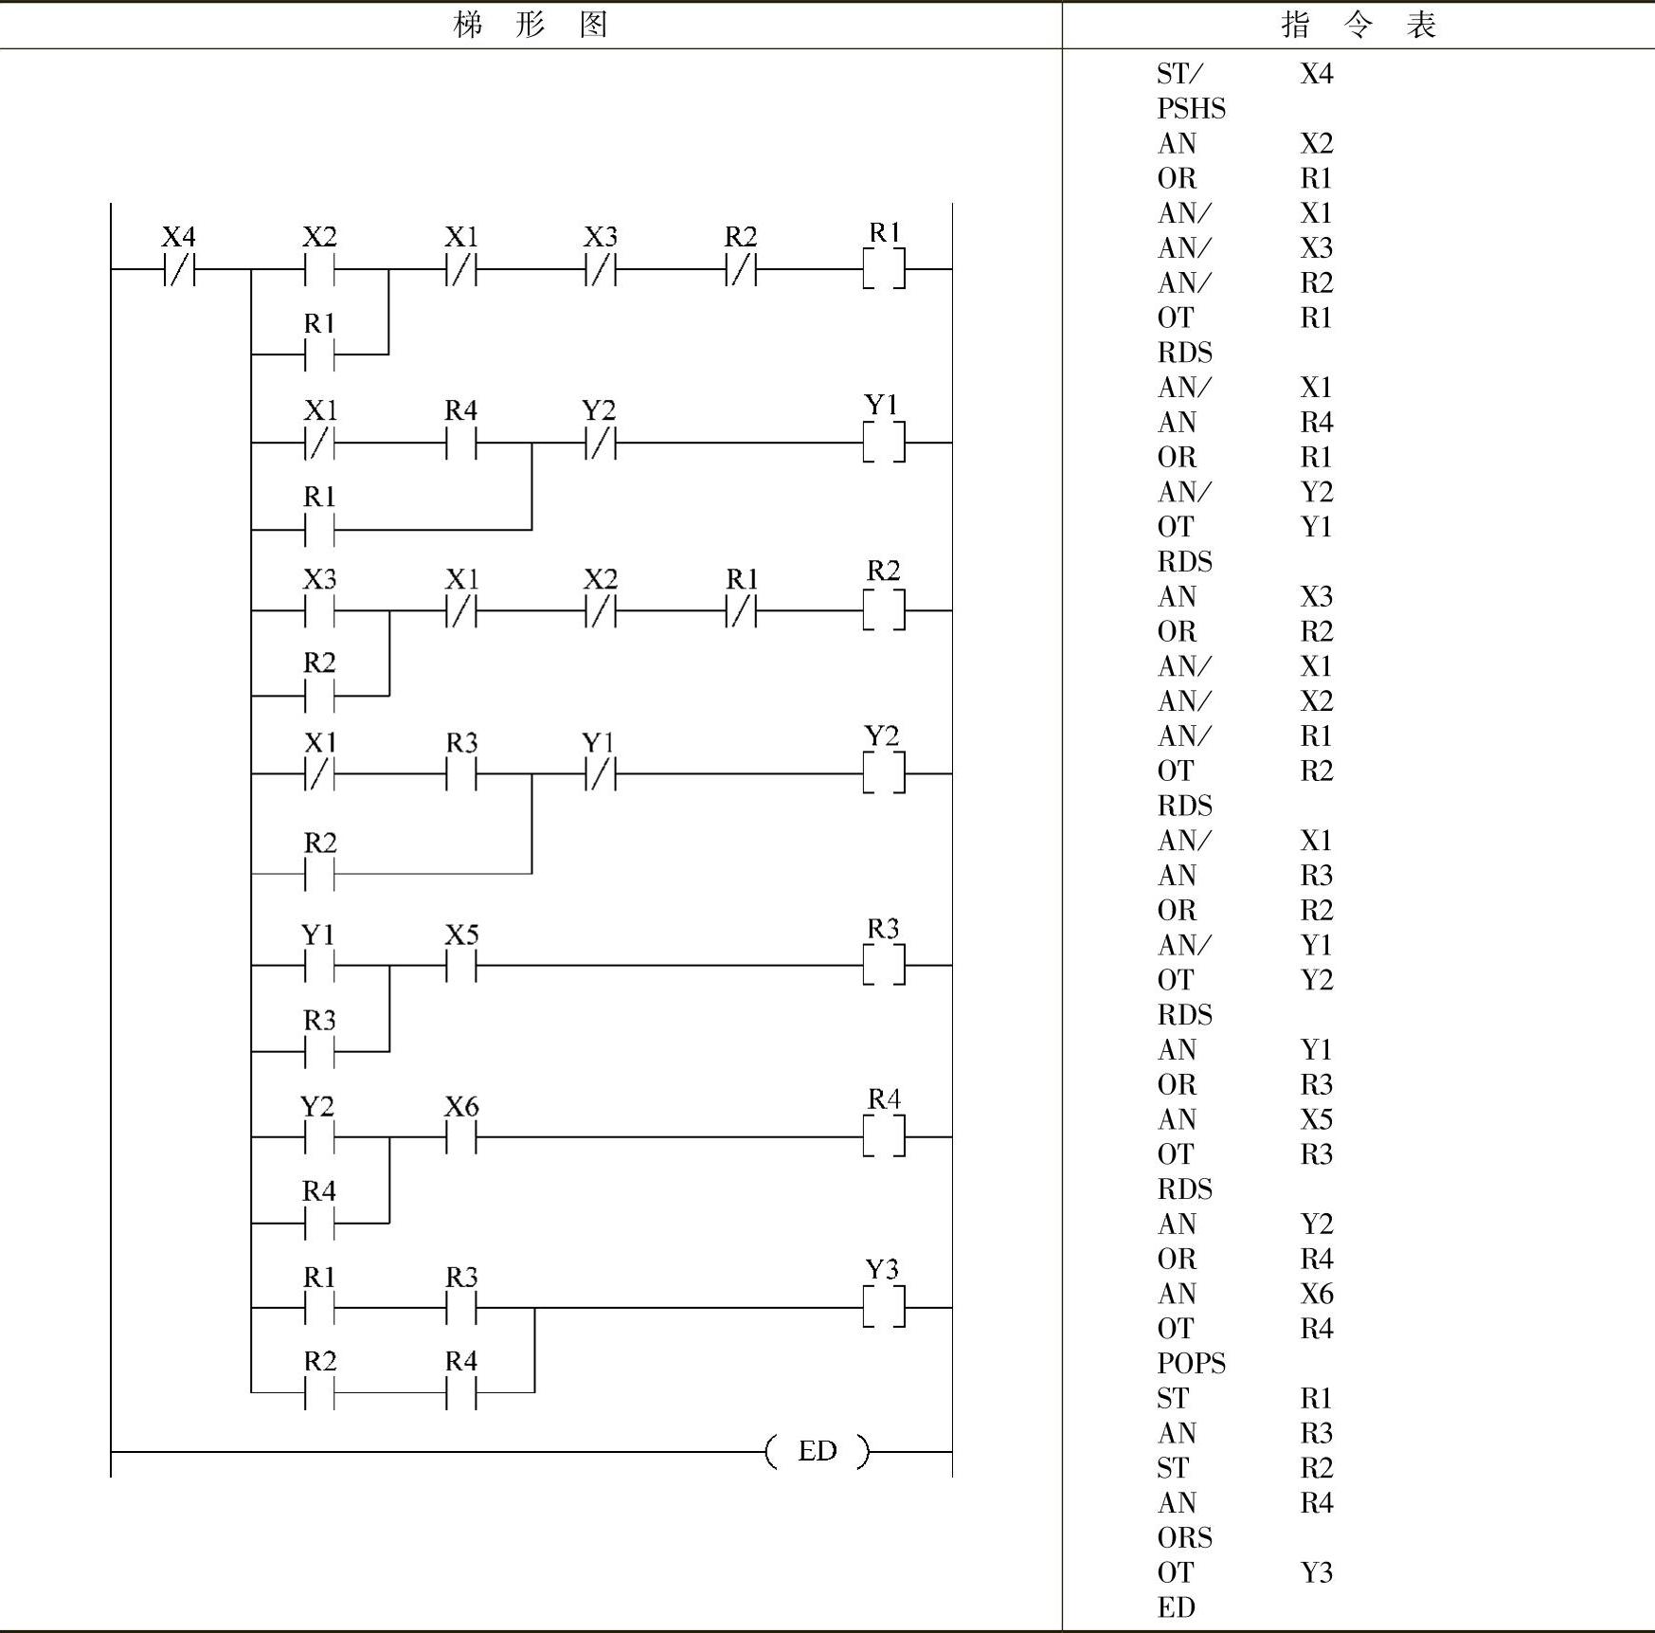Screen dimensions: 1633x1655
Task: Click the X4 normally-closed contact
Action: [180, 270]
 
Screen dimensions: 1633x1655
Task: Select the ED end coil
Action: [817, 1451]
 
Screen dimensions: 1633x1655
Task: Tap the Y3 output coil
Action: [884, 1308]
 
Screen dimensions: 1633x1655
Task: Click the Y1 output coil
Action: [884, 443]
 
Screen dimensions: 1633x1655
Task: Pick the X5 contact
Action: [461, 966]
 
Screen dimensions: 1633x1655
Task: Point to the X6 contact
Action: [461, 1137]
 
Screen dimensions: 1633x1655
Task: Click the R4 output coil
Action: [884, 1136]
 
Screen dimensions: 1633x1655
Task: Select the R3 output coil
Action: [884, 965]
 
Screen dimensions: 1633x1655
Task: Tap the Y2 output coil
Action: [884, 773]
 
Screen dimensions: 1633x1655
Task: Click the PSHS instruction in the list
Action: [1191, 109]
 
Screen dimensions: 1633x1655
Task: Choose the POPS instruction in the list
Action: [1191, 1364]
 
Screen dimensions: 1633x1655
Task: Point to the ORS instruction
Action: [1184, 1537]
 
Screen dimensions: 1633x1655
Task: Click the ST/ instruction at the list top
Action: [1179, 74]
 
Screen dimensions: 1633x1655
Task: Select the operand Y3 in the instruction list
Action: [1316, 1572]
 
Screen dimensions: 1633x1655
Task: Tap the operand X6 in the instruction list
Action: [1316, 1294]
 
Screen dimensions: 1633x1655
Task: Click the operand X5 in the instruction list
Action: [1316, 1119]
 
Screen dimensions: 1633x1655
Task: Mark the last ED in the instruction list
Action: [1176, 1607]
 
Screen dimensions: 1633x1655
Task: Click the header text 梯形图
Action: [531, 25]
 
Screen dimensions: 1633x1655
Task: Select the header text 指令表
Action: [1358, 25]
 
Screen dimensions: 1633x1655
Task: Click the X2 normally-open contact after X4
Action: [319, 270]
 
